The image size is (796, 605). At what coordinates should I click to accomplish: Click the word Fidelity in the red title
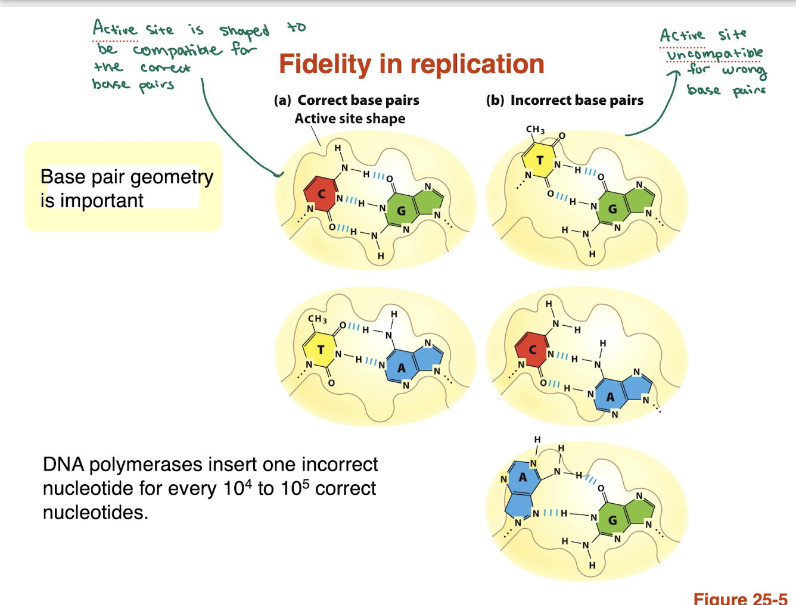click(325, 64)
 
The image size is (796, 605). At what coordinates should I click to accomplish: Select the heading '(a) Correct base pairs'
click(347, 100)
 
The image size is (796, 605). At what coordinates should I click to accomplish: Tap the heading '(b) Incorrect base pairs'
click(565, 100)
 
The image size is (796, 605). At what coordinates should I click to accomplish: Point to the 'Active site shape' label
click(350, 118)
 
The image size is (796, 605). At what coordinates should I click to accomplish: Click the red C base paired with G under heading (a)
click(321, 194)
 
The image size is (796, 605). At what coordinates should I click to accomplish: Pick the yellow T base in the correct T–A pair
click(321, 350)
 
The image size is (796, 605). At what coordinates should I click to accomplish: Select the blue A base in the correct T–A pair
click(402, 367)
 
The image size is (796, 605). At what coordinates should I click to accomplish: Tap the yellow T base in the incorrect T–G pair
click(540, 160)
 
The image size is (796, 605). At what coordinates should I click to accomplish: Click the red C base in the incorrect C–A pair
click(533, 350)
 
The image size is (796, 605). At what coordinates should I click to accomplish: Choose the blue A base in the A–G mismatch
click(523, 477)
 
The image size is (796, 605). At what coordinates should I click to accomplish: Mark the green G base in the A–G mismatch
click(612, 520)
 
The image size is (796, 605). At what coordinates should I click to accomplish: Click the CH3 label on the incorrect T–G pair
click(535, 129)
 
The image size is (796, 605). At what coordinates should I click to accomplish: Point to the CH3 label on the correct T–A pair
click(317, 319)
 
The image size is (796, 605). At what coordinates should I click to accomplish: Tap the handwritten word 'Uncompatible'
click(714, 54)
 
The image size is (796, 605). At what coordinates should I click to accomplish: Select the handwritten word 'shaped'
click(244, 30)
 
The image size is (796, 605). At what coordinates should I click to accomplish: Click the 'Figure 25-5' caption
click(741, 598)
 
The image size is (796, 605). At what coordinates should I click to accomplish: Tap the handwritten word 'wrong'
click(744, 71)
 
